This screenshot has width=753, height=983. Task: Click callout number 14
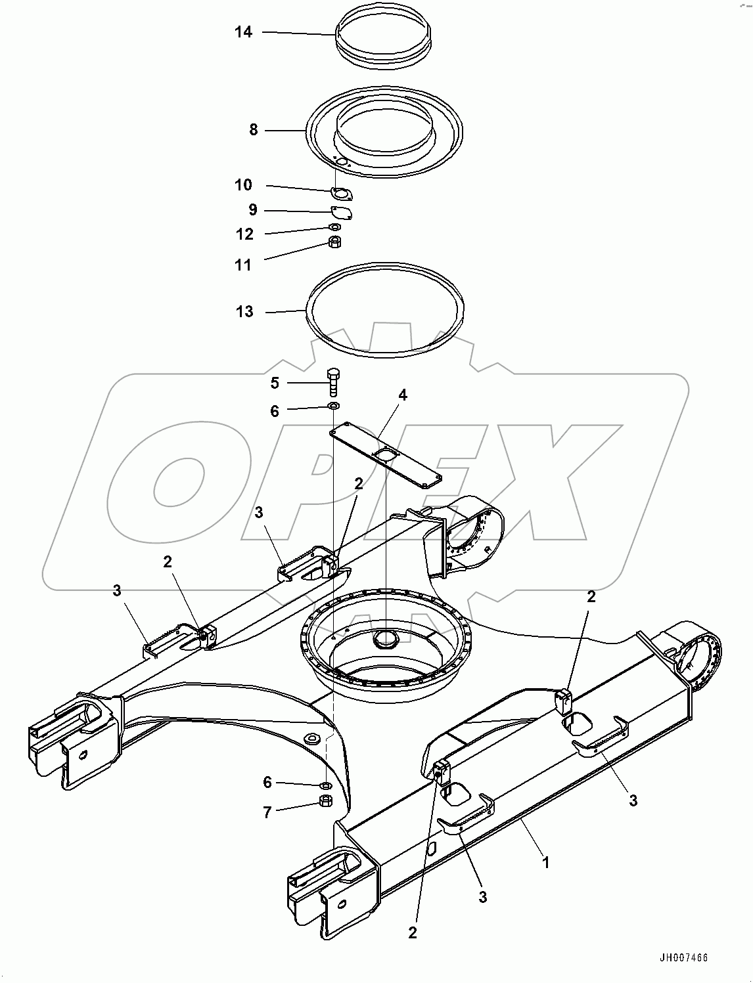243,32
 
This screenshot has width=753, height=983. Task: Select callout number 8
254,130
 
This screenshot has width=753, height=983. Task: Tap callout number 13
244,311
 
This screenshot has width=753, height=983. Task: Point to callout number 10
243,185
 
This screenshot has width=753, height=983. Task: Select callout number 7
267,812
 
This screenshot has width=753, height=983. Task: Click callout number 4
403,395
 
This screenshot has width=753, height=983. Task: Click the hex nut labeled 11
334,242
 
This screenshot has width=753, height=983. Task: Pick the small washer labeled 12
334,227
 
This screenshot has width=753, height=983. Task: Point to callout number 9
253,210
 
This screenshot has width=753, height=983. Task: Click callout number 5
275,383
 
